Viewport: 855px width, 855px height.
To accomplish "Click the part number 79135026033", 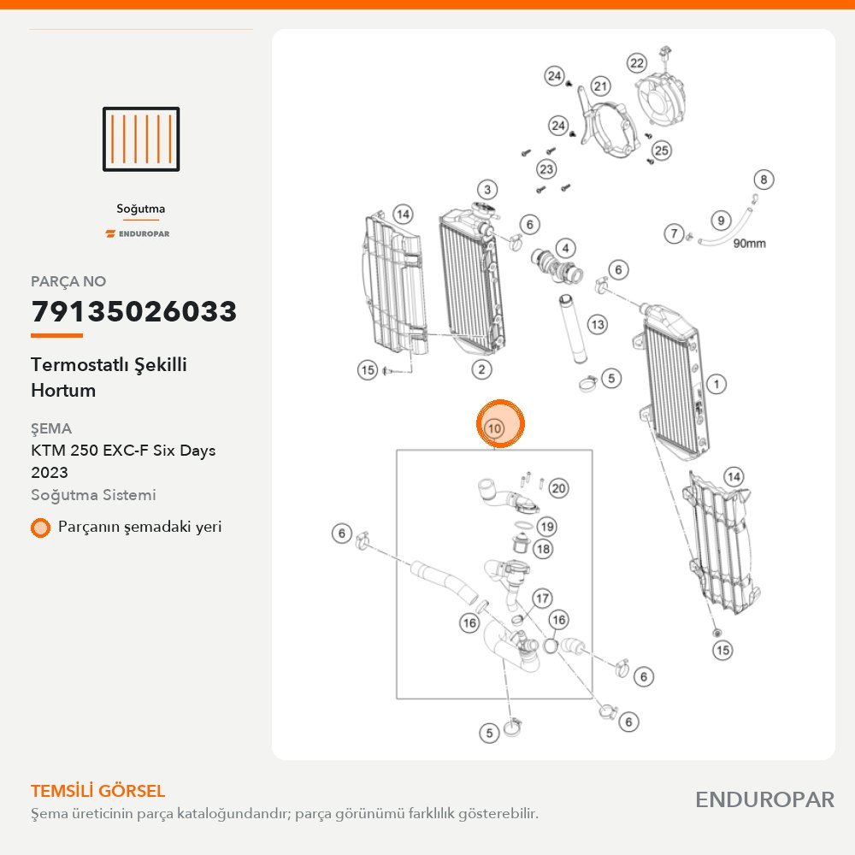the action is click(x=134, y=311).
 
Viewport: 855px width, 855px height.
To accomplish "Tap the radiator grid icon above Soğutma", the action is click(x=141, y=139).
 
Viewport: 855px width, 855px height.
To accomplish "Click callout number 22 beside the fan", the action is click(x=637, y=63).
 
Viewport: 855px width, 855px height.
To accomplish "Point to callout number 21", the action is click(x=600, y=86).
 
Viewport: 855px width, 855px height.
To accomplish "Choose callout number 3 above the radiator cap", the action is click(x=487, y=190).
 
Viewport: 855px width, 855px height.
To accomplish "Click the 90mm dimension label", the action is click(x=749, y=243).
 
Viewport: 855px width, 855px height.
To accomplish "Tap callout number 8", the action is click(x=764, y=180).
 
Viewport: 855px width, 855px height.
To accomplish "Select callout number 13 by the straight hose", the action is click(x=598, y=325).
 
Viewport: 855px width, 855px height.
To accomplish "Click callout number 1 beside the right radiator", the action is click(x=716, y=385).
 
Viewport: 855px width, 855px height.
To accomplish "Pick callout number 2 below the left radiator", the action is click(x=481, y=369).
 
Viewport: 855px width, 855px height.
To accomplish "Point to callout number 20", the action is click(x=558, y=488).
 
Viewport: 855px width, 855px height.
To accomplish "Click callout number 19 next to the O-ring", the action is click(x=547, y=527).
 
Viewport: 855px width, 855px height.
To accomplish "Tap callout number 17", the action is click(x=542, y=598).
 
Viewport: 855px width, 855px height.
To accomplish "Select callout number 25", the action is click(x=661, y=150).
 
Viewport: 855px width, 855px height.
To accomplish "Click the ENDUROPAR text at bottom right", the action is click(x=764, y=800).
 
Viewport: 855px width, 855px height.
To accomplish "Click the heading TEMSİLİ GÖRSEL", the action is click(x=98, y=791).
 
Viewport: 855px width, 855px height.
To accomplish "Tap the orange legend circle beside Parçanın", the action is click(x=40, y=528).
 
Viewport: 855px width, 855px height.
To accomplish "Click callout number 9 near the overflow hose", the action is click(x=721, y=221).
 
